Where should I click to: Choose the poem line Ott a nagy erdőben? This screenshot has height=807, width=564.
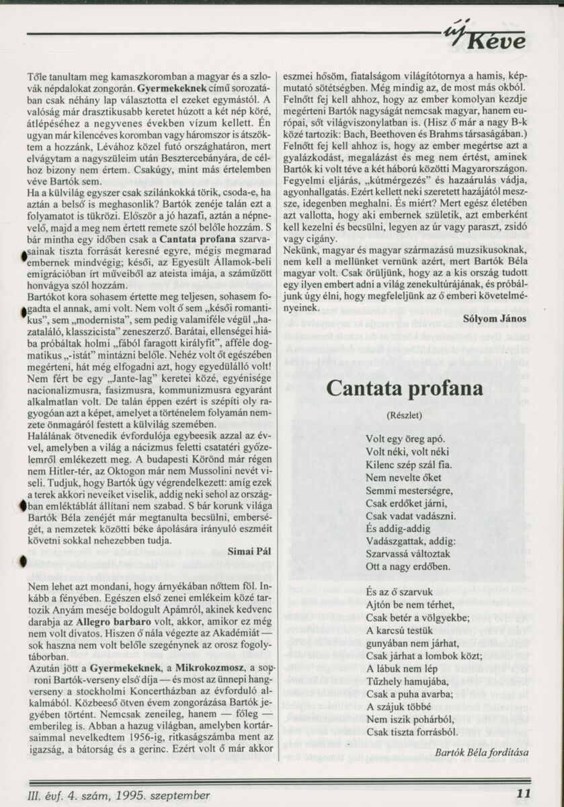pyautogui.click(x=408, y=566)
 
